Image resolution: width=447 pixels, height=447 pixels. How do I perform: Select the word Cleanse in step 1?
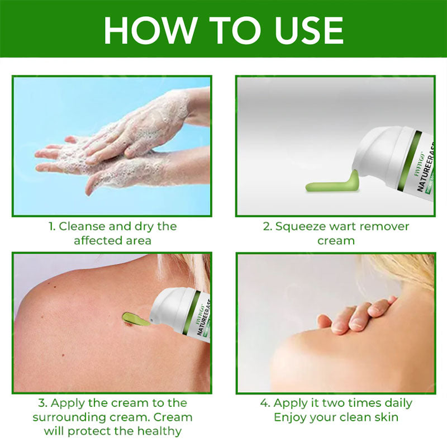80,226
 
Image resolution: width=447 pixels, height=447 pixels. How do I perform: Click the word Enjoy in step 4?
290,417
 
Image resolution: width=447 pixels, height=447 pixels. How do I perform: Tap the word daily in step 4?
398,403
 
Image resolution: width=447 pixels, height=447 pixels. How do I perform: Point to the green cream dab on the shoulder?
136,319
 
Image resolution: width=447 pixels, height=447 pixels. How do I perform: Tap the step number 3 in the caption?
42,403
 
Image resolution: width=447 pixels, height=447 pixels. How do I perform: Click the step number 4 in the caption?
264,403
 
